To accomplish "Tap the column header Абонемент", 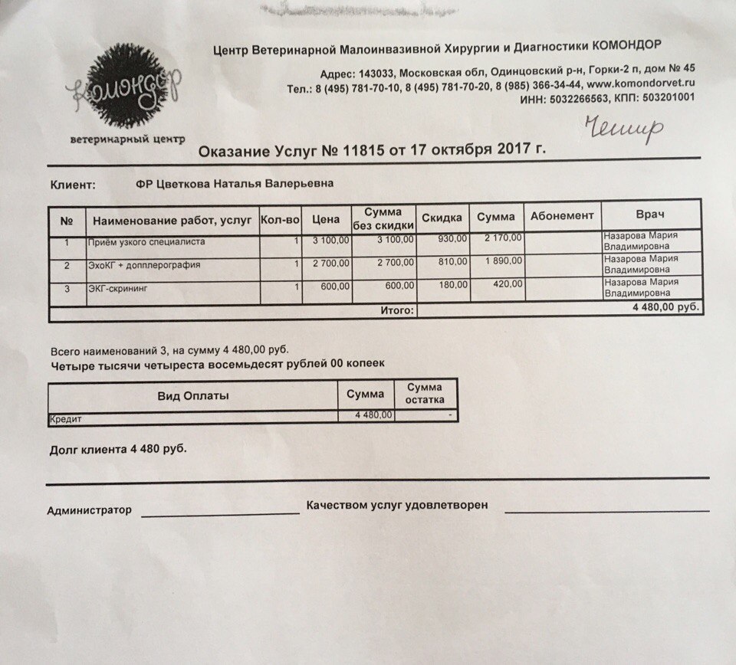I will point(562,216).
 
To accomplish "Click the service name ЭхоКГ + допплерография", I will point(143,266).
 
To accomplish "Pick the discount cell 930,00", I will point(452,240).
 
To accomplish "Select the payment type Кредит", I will point(66,420).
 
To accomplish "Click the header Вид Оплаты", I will point(193,396).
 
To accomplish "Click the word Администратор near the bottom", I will point(89,510).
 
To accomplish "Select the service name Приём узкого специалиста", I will point(146,243).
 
